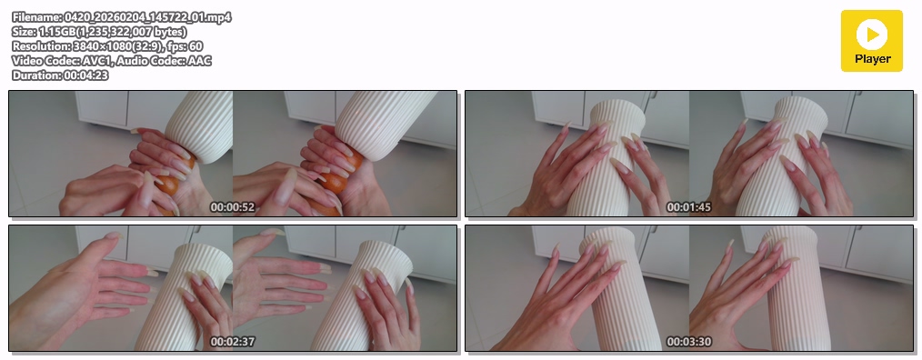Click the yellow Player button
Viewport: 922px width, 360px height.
tap(871, 41)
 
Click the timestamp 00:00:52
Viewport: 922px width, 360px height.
tap(232, 207)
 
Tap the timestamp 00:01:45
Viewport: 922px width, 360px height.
tap(688, 207)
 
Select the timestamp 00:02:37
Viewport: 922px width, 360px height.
tap(232, 342)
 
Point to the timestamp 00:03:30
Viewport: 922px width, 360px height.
tap(688, 342)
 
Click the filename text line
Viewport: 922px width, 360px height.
tap(121, 17)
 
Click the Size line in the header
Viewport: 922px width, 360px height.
tap(99, 32)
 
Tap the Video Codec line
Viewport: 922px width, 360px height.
tap(112, 61)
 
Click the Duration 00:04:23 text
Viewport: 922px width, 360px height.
tap(59, 75)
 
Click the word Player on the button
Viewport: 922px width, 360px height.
tap(873, 59)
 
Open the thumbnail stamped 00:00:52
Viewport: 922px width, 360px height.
tap(233, 154)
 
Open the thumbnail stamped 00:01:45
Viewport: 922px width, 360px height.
tap(689, 154)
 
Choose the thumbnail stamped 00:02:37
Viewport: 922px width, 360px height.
tap(233, 288)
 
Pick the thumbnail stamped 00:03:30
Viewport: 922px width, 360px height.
tap(689, 288)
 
